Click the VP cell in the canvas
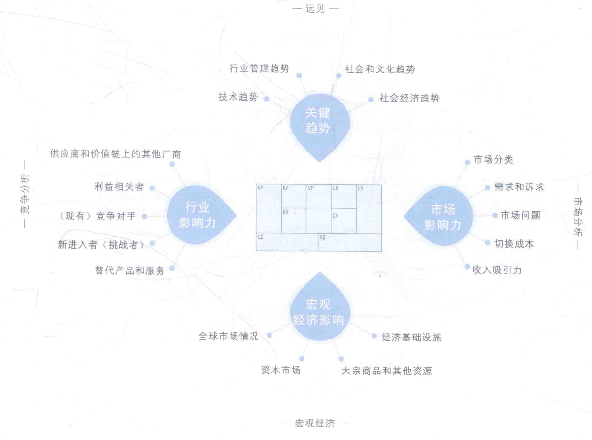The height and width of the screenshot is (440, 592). coord(319,209)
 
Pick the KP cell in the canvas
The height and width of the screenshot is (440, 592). coord(269,209)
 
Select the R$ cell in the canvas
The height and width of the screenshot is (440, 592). coord(350,242)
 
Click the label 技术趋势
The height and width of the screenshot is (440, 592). coord(238,97)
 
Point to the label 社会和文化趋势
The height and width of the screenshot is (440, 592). coord(380,69)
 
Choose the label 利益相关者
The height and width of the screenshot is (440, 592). coord(119,187)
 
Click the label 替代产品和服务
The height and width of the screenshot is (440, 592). coord(130,271)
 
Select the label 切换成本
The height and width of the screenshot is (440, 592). coord(514,244)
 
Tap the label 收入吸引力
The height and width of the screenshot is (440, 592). coord(497,270)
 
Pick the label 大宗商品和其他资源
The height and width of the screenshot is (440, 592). coord(387,371)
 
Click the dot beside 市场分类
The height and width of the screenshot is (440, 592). coord(468,162)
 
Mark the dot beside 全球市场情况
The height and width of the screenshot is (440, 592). coord(270,336)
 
